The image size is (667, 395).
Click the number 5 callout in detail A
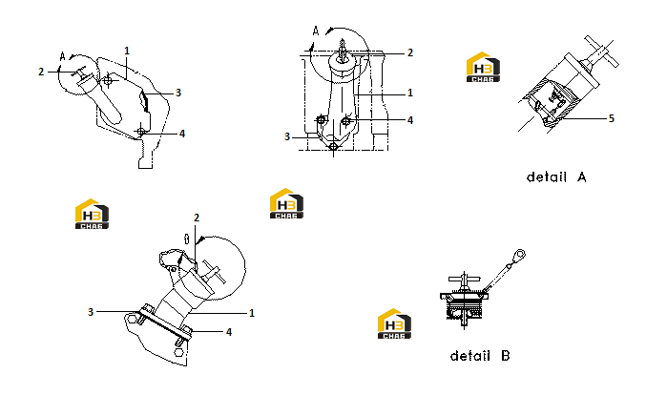612,118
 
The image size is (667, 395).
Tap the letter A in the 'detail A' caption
581,177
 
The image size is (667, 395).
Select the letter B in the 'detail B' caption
506,356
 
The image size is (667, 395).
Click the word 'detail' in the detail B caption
470,356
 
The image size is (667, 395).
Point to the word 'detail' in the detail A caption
547,177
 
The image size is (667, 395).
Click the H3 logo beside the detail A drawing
483,67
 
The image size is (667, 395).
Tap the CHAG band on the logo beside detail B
394,336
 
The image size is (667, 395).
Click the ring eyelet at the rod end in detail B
519,256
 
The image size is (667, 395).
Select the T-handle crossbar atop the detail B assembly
465,279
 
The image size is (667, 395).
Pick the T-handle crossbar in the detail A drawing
601,51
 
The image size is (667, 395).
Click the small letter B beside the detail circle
186,239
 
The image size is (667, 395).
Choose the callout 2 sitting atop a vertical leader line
197,218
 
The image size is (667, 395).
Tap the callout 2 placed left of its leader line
41,72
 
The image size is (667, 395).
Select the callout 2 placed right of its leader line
410,52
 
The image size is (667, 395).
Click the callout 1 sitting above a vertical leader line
127,51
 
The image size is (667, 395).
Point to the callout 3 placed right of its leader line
178,93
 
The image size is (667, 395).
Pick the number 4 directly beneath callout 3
182,134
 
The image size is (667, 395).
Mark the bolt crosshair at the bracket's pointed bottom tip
334,147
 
